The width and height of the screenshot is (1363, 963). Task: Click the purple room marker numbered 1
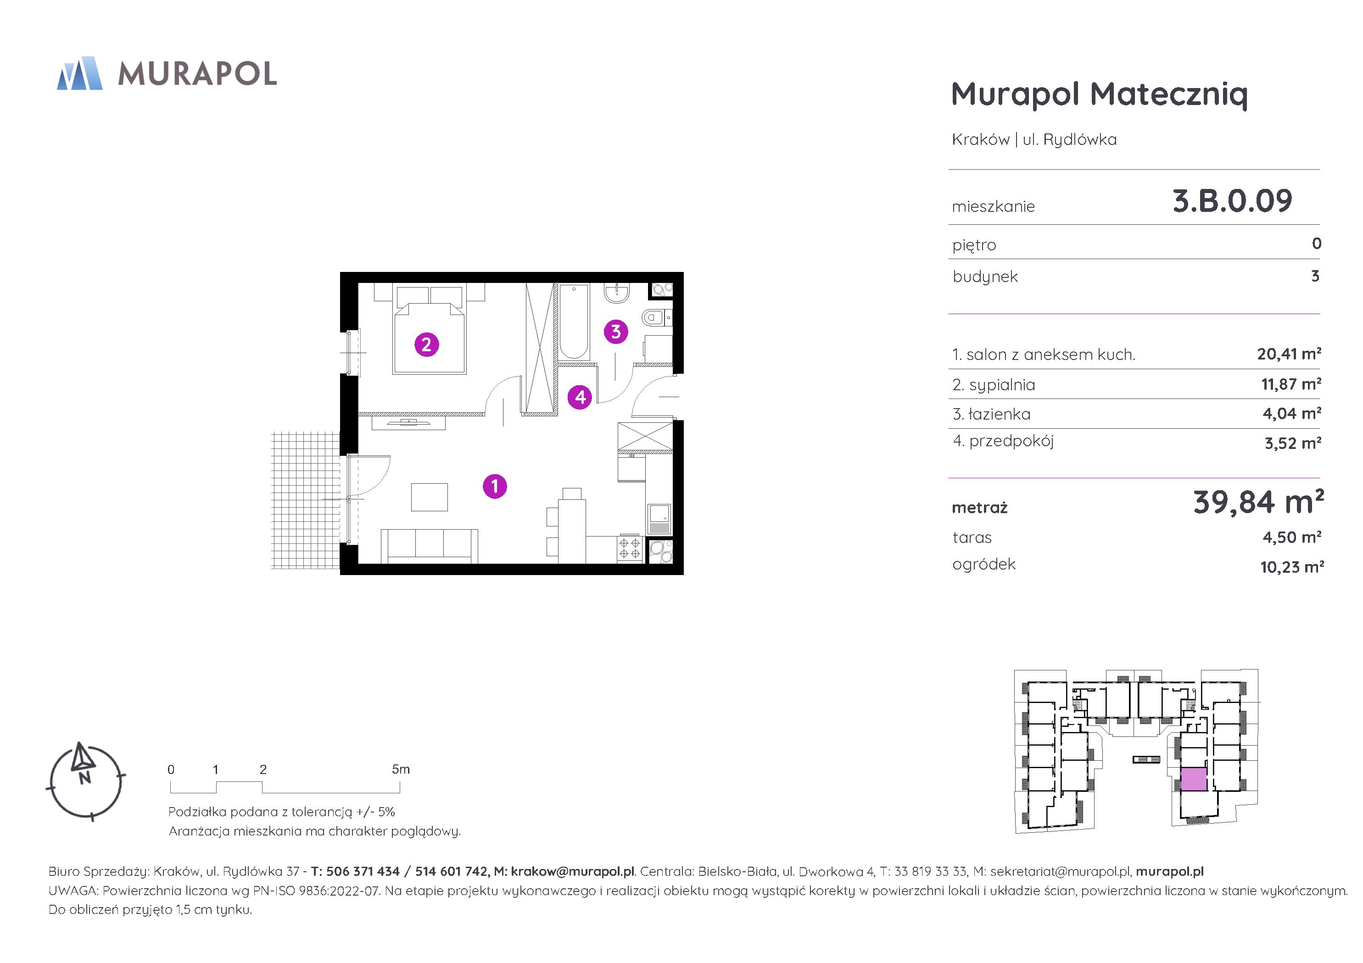tap(495, 486)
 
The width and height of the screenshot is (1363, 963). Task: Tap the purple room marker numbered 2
tap(426, 344)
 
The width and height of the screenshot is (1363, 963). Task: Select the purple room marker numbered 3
tap(615, 331)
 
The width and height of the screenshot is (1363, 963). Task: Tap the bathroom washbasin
tap(617, 293)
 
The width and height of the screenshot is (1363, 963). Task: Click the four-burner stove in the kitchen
tap(630, 549)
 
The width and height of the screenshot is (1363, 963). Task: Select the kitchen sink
tap(659, 519)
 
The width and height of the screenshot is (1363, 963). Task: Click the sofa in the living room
tap(429, 546)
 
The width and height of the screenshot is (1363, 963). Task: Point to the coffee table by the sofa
tap(429, 497)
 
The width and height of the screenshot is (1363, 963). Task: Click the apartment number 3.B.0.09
tap(1232, 200)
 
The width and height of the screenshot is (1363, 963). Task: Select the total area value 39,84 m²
tap(1258, 502)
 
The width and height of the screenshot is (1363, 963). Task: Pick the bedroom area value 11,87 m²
tap(1291, 384)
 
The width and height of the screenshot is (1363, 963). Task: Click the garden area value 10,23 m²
tap(1292, 567)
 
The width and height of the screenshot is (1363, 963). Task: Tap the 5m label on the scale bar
tap(401, 769)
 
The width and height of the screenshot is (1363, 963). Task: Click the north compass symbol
tap(84, 781)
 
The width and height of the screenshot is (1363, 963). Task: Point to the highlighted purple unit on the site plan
tap(1194, 779)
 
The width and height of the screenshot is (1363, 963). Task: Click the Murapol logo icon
tap(79, 73)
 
